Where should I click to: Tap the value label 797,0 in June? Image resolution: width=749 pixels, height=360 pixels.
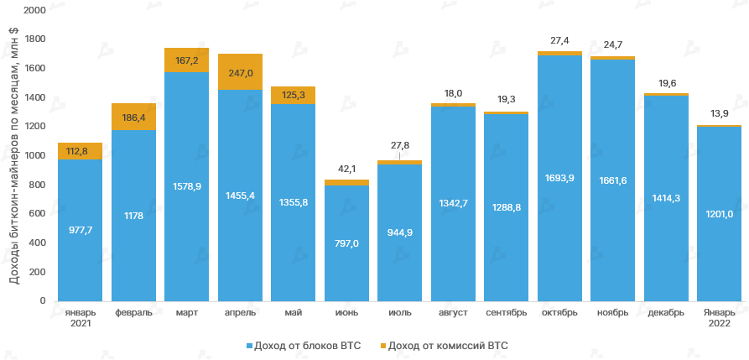point(346,243)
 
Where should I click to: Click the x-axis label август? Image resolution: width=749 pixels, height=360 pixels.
point(453,313)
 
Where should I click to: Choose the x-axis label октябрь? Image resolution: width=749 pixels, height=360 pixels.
point(559,313)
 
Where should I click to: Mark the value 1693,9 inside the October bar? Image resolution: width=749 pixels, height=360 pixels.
point(559,179)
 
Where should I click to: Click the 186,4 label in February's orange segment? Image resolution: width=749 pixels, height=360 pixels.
point(133,118)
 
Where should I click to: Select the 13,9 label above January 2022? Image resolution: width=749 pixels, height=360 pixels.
point(719,113)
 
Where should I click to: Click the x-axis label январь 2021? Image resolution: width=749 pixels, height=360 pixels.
point(80,318)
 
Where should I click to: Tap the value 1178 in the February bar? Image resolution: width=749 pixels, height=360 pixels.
point(133,215)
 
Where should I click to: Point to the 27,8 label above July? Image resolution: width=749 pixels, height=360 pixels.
point(399,146)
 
